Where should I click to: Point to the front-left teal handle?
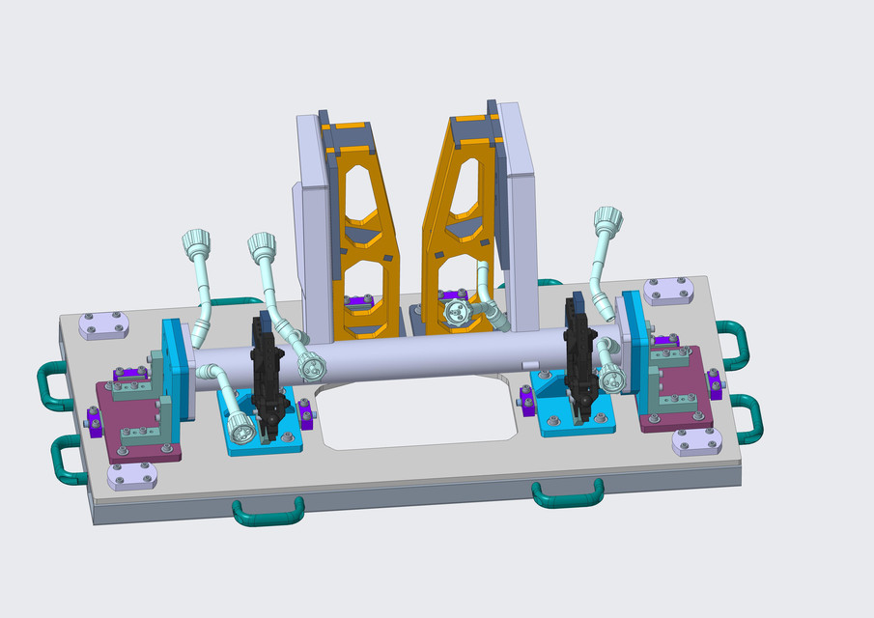pos(268,512)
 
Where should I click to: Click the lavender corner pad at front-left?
pos(132,477)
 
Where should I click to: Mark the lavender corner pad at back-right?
pos(667,290)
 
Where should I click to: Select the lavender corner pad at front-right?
pos(697,441)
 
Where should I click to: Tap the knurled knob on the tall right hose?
pos(606,216)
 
